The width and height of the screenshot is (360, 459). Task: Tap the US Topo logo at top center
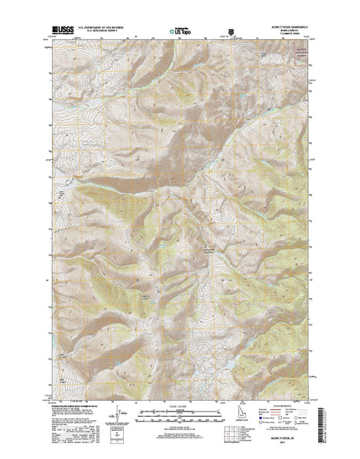(180, 35)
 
